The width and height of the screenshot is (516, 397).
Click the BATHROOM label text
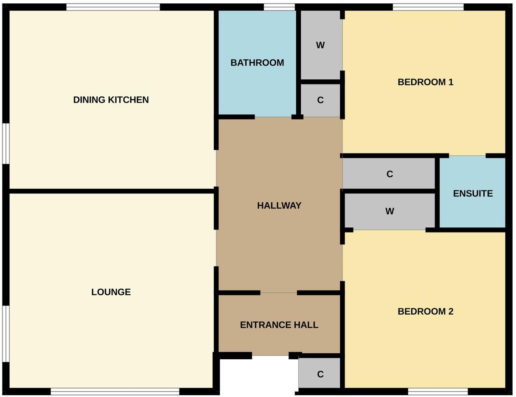pyautogui.click(x=257, y=63)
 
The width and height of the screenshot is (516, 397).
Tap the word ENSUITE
pyautogui.click(x=473, y=193)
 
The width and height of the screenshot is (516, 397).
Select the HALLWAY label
pyautogui.click(x=279, y=206)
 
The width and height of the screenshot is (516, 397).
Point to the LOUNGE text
pyautogui.click(x=111, y=292)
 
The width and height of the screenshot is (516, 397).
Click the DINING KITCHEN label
pyautogui.click(x=111, y=100)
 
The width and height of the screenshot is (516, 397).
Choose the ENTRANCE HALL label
pyautogui.click(x=279, y=325)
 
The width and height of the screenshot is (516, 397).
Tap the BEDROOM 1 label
pyautogui.click(x=425, y=82)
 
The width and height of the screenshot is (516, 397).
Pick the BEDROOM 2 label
pyautogui.click(x=425, y=311)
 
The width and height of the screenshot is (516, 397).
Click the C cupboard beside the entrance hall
pyautogui.click(x=320, y=374)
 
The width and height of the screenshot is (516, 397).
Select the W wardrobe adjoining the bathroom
pyautogui.click(x=320, y=45)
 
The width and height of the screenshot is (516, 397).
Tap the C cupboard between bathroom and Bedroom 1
pyautogui.click(x=320, y=100)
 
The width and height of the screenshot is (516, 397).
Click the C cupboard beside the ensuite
pyautogui.click(x=390, y=174)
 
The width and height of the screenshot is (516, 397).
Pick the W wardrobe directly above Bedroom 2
pyautogui.click(x=390, y=211)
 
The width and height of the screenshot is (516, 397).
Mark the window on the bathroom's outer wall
pyautogui.click(x=279, y=7)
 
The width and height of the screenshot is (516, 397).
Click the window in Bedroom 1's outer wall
pyautogui.click(x=428, y=7)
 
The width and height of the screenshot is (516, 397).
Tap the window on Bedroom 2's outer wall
pyautogui.click(x=438, y=391)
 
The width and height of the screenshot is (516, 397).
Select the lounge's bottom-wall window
pyautogui.click(x=115, y=391)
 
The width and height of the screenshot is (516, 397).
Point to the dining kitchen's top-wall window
pyautogui.click(x=113, y=7)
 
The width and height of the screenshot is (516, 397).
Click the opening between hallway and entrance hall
pyautogui.click(x=278, y=293)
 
